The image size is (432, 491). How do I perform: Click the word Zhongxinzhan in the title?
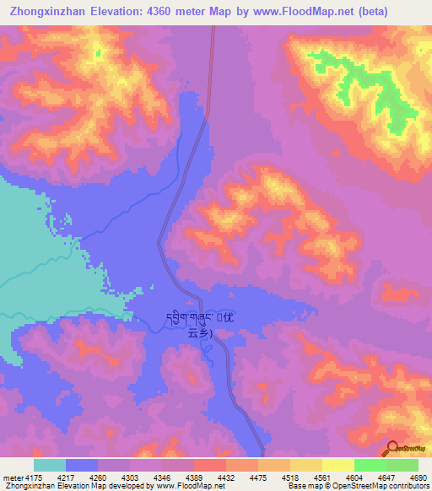click(51, 11)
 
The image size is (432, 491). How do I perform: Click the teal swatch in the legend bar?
click(50, 466)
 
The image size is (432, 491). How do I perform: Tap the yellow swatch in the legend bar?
click(338, 466)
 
